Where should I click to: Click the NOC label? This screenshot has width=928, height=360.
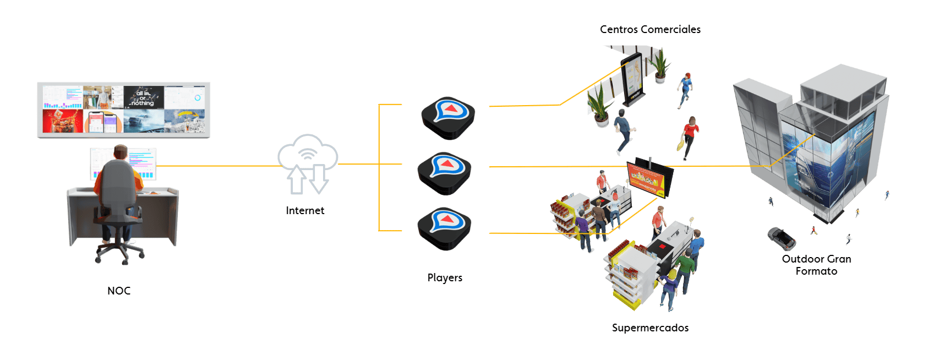click(119, 291)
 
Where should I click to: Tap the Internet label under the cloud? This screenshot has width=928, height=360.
click(305, 210)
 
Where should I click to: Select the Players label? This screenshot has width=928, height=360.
click(445, 277)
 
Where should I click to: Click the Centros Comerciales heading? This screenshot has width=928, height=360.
click(650, 29)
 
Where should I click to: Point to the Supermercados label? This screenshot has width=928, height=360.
click(650, 328)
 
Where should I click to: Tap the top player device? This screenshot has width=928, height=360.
click(448, 117)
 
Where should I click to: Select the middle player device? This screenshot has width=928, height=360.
click(444, 173)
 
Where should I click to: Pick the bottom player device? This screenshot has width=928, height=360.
click(444, 228)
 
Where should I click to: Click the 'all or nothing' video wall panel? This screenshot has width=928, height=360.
click(144, 97)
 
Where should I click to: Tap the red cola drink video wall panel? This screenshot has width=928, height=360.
click(63, 121)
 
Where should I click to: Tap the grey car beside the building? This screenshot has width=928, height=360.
click(782, 238)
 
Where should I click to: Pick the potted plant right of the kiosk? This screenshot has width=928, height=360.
click(660, 66)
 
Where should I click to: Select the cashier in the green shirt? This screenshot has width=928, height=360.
click(685, 267)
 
